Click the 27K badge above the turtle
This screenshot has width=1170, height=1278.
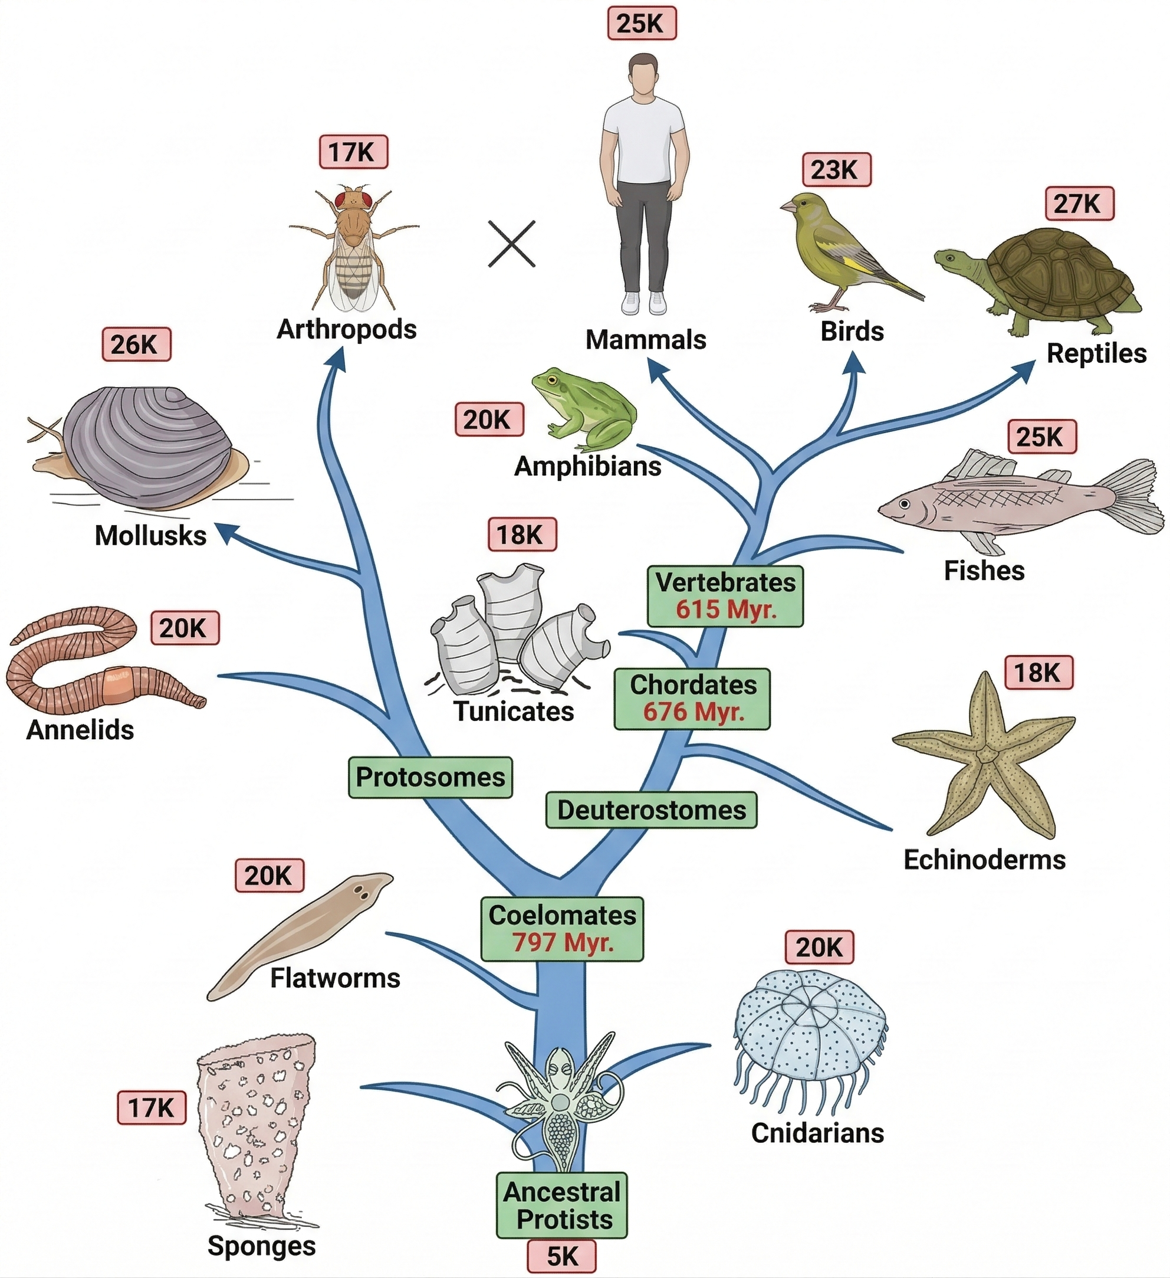pos(1079,204)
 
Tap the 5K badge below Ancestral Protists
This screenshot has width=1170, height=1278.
pos(562,1256)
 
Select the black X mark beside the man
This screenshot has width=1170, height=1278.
pos(512,244)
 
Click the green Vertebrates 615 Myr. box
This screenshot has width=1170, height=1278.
pos(725,596)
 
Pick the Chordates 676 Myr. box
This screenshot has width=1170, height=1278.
pos(692,699)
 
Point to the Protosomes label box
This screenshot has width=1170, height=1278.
pos(430,776)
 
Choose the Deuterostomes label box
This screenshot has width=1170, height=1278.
pos(651,810)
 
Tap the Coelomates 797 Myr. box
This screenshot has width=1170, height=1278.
pos(562,929)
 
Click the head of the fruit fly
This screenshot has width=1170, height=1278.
pos(353,198)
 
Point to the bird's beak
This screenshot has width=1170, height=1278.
pos(788,206)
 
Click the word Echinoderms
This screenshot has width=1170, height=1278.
pos(984,860)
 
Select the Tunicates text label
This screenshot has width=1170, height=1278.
pos(514,710)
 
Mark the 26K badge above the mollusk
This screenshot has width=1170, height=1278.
pos(136,344)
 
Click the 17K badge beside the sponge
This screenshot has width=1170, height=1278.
pos(152,1107)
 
